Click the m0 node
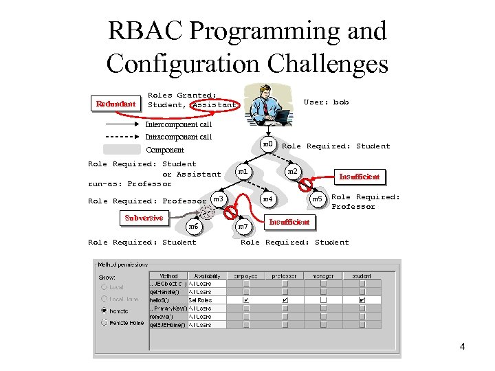point(269,145)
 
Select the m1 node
point(242,170)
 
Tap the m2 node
point(292,170)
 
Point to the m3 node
point(219,199)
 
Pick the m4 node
point(268,199)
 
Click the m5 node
point(317,199)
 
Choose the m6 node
point(194,226)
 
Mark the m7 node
point(243,226)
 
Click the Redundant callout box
point(115,104)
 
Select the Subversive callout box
point(144,218)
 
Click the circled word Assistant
point(214,105)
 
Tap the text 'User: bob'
point(326,102)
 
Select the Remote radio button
point(105,310)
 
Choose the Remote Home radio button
point(105,322)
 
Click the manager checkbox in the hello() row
point(323,300)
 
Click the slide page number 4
point(462,346)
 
